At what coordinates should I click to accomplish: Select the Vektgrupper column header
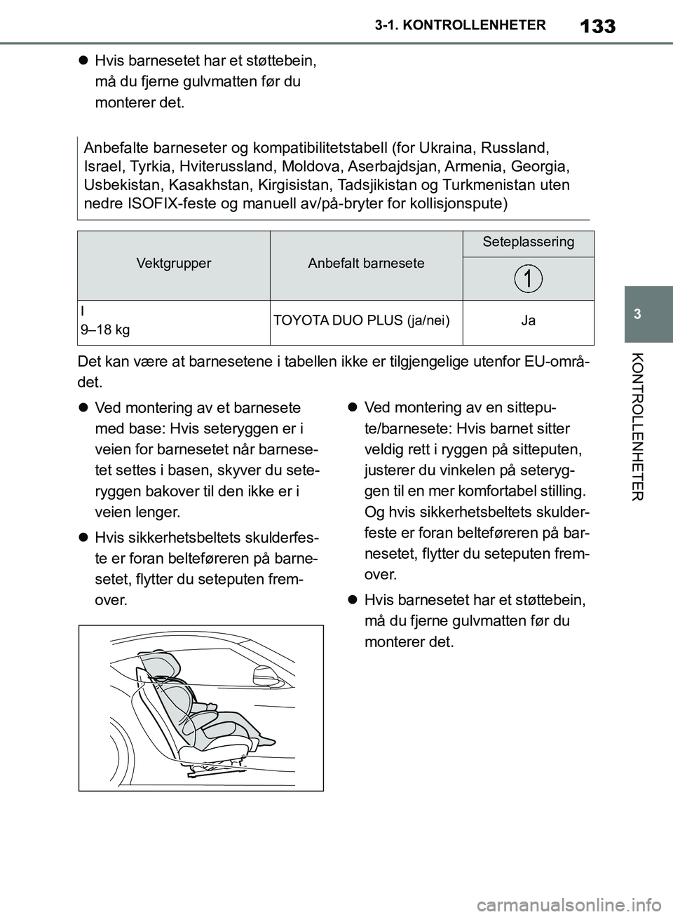point(173,264)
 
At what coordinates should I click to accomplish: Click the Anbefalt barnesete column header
point(366,264)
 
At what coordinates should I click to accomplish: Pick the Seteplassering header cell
point(528,242)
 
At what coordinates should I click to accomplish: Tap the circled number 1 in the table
point(528,279)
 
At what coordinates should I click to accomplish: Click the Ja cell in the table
point(528,320)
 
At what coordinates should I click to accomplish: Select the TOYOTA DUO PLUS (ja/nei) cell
point(361,320)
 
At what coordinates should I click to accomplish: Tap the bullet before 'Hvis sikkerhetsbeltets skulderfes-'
point(82,538)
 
